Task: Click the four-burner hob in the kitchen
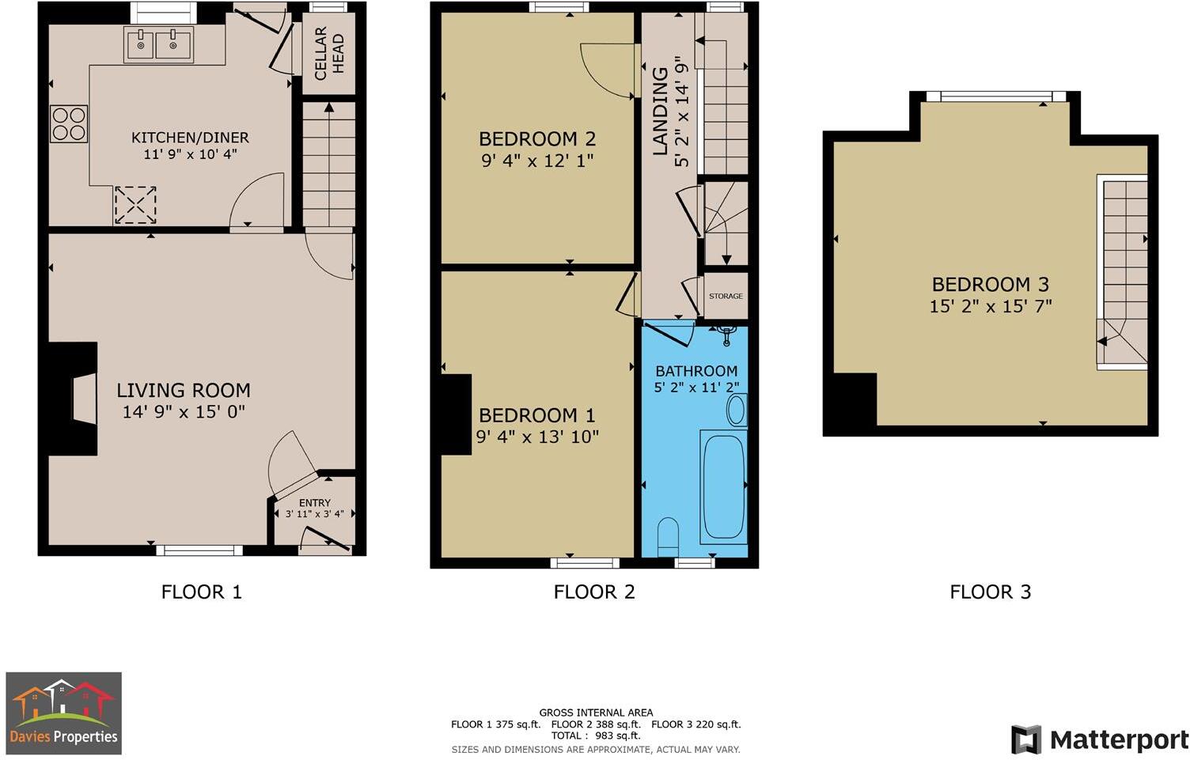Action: tap(69, 123)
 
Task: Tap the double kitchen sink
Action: tap(157, 45)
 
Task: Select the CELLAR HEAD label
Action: tap(329, 54)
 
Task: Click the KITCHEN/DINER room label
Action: tap(190, 138)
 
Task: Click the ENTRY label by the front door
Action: tap(315, 503)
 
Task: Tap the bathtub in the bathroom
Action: tap(723, 486)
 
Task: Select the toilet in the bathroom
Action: tap(668, 533)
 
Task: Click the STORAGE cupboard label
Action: tap(726, 296)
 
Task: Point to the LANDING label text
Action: tap(660, 111)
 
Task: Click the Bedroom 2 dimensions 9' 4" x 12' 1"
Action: tap(536, 161)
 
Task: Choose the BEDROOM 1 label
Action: tap(536, 415)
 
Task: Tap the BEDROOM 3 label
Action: tap(990, 285)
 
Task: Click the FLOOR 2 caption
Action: tap(594, 592)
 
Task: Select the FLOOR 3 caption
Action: tap(990, 592)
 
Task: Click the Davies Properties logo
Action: tap(64, 713)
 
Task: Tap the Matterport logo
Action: tap(1100, 740)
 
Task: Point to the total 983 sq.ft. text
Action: tap(596, 735)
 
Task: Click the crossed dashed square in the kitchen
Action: tap(135, 206)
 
